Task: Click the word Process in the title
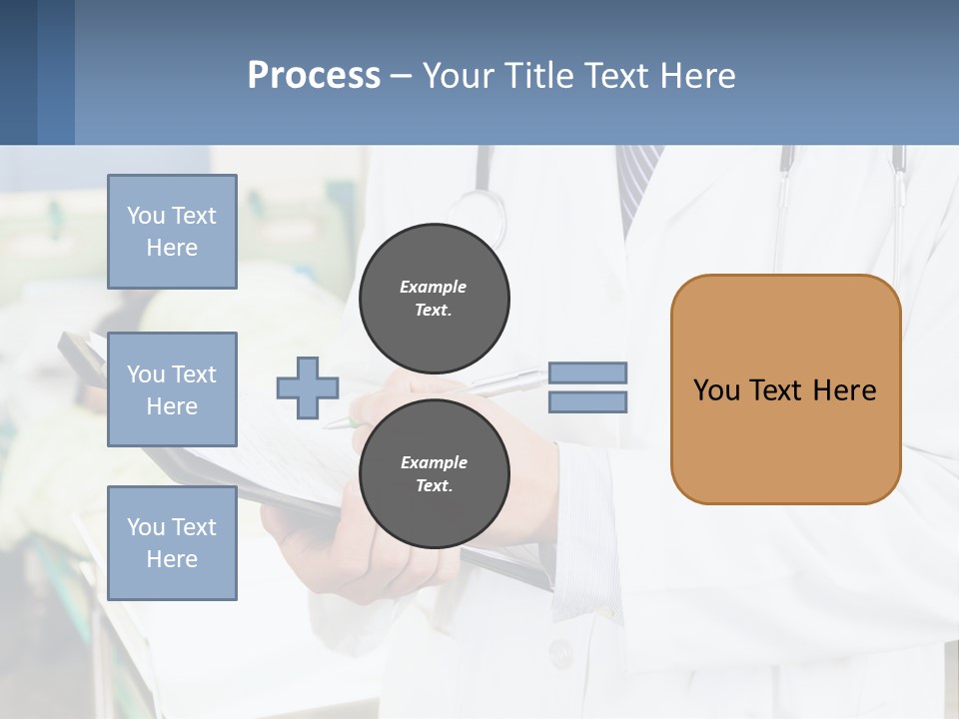[314, 75]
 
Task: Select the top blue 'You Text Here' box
[172, 232]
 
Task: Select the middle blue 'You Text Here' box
[172, 389]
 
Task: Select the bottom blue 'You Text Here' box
[172, 543]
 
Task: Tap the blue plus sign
[308, 387]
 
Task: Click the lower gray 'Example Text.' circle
[435, 473]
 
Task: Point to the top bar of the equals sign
[588, 373]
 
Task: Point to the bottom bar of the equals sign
[588, 402]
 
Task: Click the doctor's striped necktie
[636, 180]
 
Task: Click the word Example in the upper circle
[433, 287]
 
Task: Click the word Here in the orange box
[844, 390]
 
